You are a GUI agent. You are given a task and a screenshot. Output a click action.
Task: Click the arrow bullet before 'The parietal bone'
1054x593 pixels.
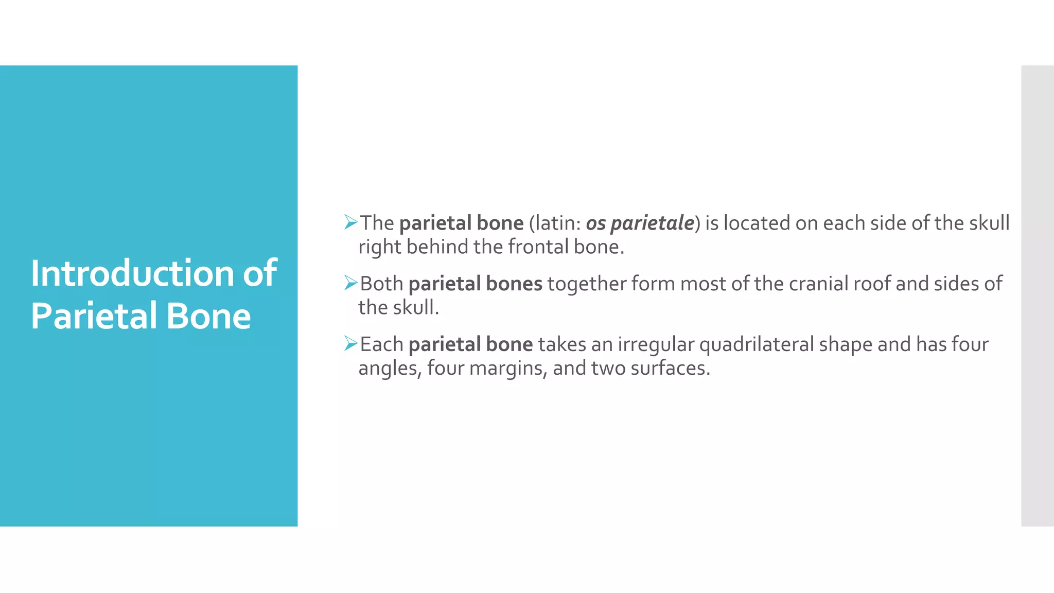pos(350,222)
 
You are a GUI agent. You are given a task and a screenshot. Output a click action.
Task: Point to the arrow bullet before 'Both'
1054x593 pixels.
pos(350,283)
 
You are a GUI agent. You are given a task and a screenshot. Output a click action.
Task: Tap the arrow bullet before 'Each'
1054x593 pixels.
pos(350,343)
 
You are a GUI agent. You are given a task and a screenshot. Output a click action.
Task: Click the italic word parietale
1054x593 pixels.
pos(652,223)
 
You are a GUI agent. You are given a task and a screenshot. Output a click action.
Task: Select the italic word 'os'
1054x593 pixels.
pos(595,223)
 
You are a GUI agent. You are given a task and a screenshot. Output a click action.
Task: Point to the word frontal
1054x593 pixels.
pos(538,247)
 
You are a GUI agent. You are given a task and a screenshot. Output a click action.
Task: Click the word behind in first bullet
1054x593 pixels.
pos(437,247)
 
